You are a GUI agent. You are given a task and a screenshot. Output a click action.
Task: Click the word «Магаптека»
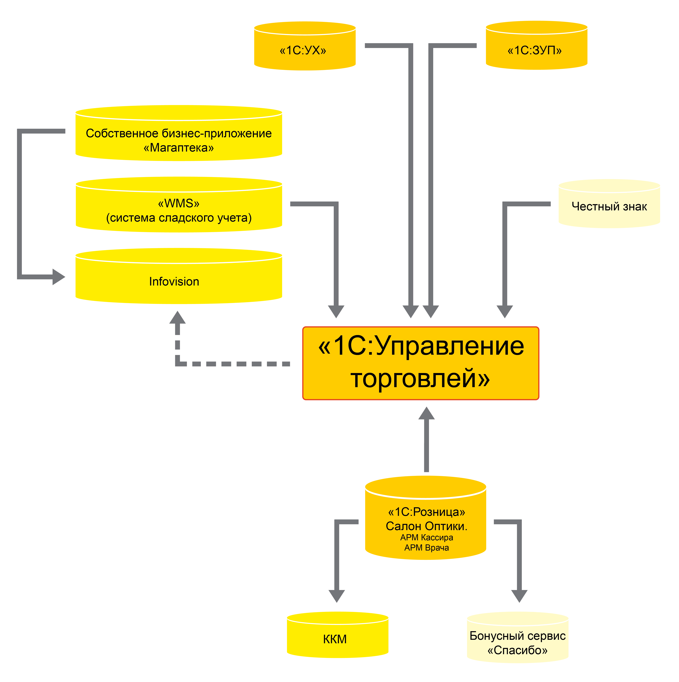179,147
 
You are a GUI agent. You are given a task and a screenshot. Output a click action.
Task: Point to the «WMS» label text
179,203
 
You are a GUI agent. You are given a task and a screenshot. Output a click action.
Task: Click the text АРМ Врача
427,548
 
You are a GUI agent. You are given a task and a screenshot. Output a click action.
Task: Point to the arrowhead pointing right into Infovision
59,276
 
